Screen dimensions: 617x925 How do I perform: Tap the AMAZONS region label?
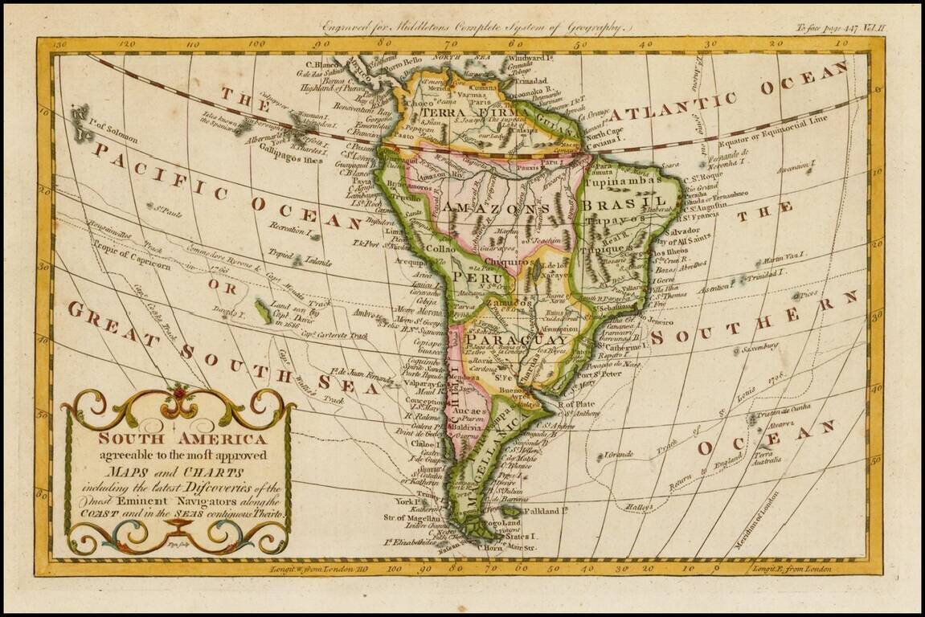tap(506, 207)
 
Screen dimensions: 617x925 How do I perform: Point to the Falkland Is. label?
tap(546, 510)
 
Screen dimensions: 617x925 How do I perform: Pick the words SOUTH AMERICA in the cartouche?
tap(182, 439)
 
